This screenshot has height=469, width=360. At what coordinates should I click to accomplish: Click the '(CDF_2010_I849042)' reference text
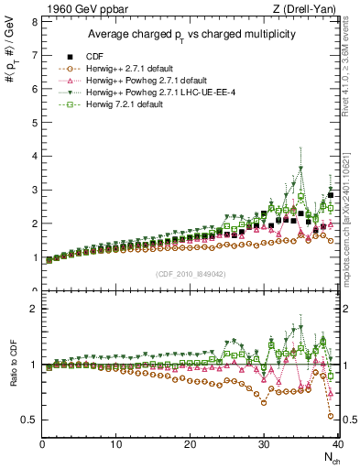coord(190,273)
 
